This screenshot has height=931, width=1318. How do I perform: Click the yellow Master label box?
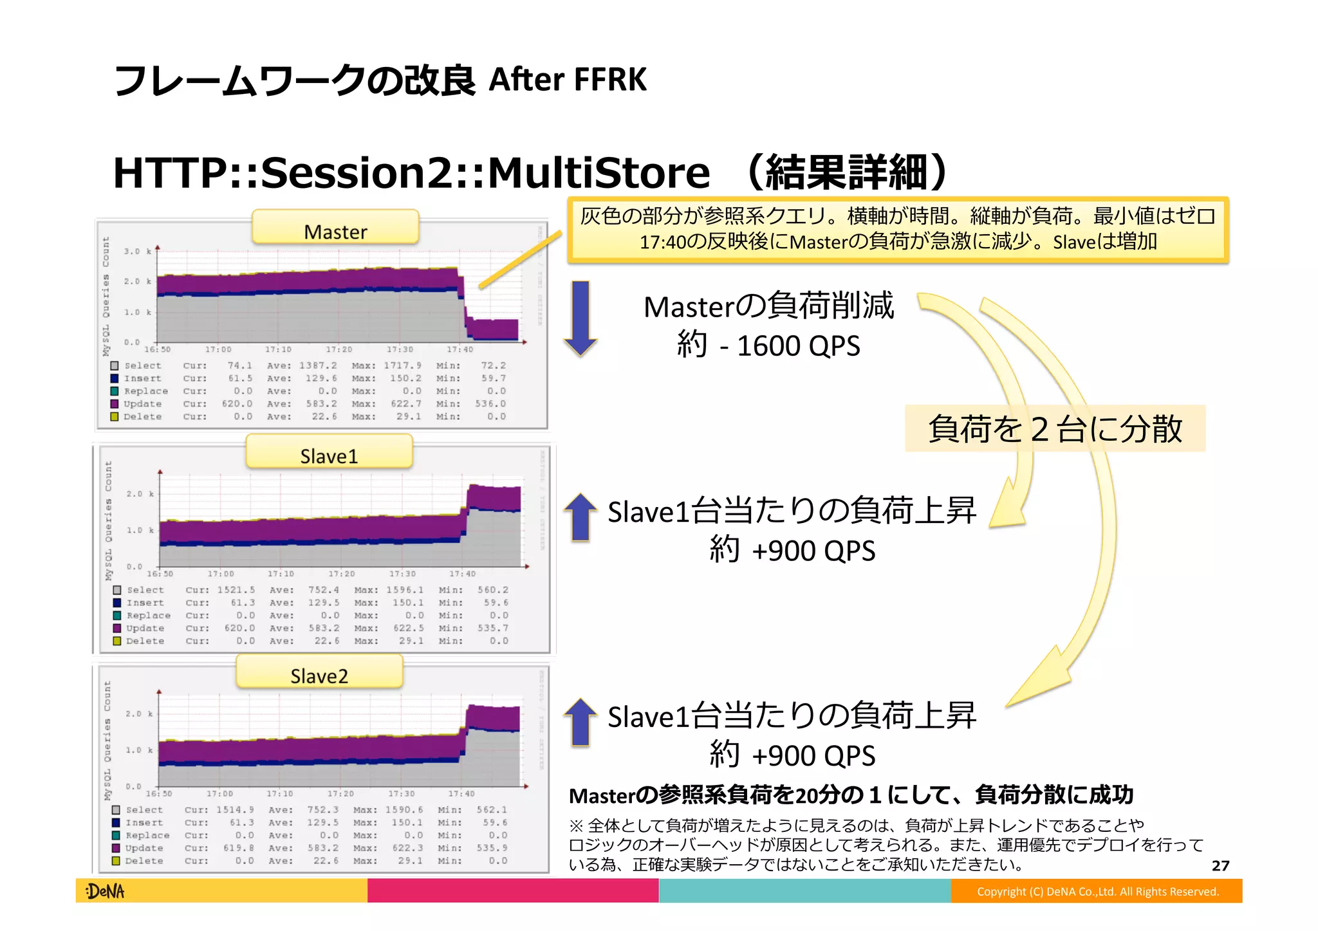tap(335, 229)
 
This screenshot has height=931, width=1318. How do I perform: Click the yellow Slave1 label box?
tap(329, 454)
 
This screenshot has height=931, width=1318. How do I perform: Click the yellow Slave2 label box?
tap(319, 674)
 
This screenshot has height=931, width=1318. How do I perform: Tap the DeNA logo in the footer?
tap(105, 891)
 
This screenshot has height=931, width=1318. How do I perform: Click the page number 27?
tap(1220, 866)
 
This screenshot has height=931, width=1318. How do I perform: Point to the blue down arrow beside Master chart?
tap(580, 318)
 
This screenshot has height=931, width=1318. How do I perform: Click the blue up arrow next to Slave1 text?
tap(580, 517)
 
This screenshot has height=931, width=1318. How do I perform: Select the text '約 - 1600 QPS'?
tap(768, 346)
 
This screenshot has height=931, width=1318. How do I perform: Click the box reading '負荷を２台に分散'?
tap(1055, 429)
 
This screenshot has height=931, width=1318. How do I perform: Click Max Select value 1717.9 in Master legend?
tap(402, 365)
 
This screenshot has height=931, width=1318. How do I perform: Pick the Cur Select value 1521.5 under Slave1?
tap(236, 590)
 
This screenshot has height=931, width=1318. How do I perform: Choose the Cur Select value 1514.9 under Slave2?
tap(234, 810)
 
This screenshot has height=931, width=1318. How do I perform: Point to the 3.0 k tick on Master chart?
tap(137, 251)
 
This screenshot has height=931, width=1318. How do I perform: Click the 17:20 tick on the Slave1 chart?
tap(341, 574)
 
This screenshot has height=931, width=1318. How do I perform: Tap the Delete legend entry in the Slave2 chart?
tap(144, 861)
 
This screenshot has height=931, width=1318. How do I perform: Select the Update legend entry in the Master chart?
tap(142, 404)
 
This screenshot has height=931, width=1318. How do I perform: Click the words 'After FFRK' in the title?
tap(567, 80)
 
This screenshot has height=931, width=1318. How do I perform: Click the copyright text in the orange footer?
tap(1097, 892)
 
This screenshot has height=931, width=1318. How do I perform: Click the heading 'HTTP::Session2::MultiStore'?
tap(411, 172)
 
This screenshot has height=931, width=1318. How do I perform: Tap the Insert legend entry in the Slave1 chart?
tap(145, 603)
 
